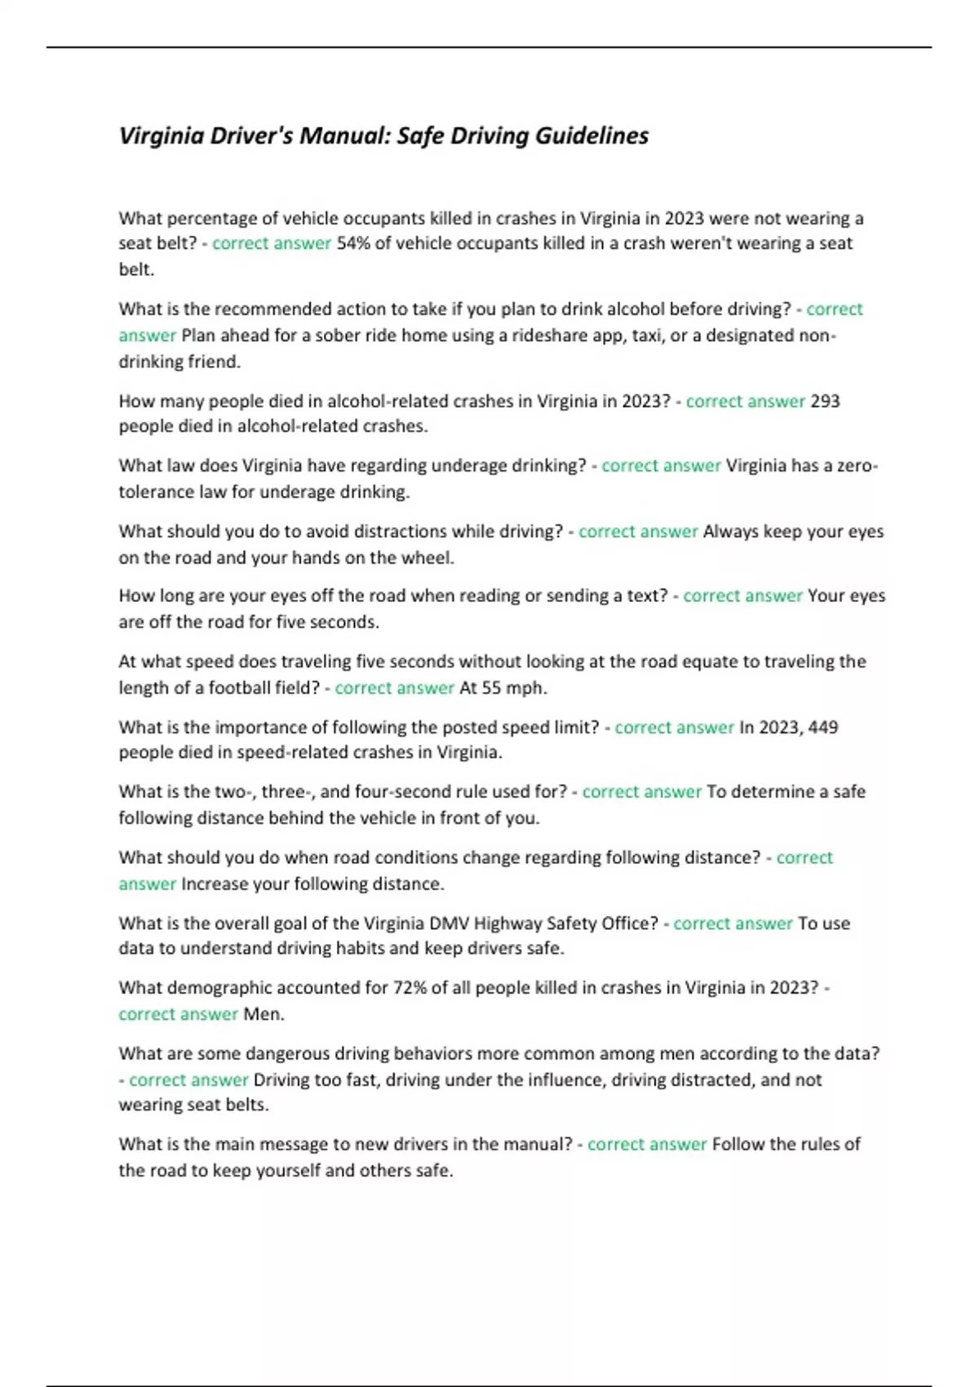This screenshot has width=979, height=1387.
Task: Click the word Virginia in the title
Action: click(x=162, y=135)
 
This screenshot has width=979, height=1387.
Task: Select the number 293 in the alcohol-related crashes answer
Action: click(x=825, y=401)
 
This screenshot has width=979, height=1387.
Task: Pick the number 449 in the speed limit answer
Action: click(x=822, y=727)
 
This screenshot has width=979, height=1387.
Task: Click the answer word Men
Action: click(x=263, y=1014)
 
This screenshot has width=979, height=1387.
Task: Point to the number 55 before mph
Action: click(x=491, y=688)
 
